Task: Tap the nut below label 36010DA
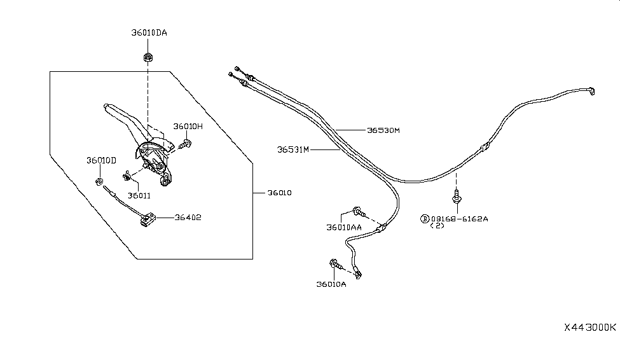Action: coord(147,57)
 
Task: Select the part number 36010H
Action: coord(188,126)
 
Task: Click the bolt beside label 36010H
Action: coord(186,144)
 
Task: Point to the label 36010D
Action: coord(102,160)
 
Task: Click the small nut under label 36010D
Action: coord(99,183)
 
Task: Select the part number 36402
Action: coord(188,217)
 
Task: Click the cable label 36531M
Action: coord(293,150)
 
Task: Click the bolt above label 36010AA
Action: coord(356,211)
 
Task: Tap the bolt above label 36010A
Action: coord(334,263)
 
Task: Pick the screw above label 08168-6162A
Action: coord(457,197)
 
